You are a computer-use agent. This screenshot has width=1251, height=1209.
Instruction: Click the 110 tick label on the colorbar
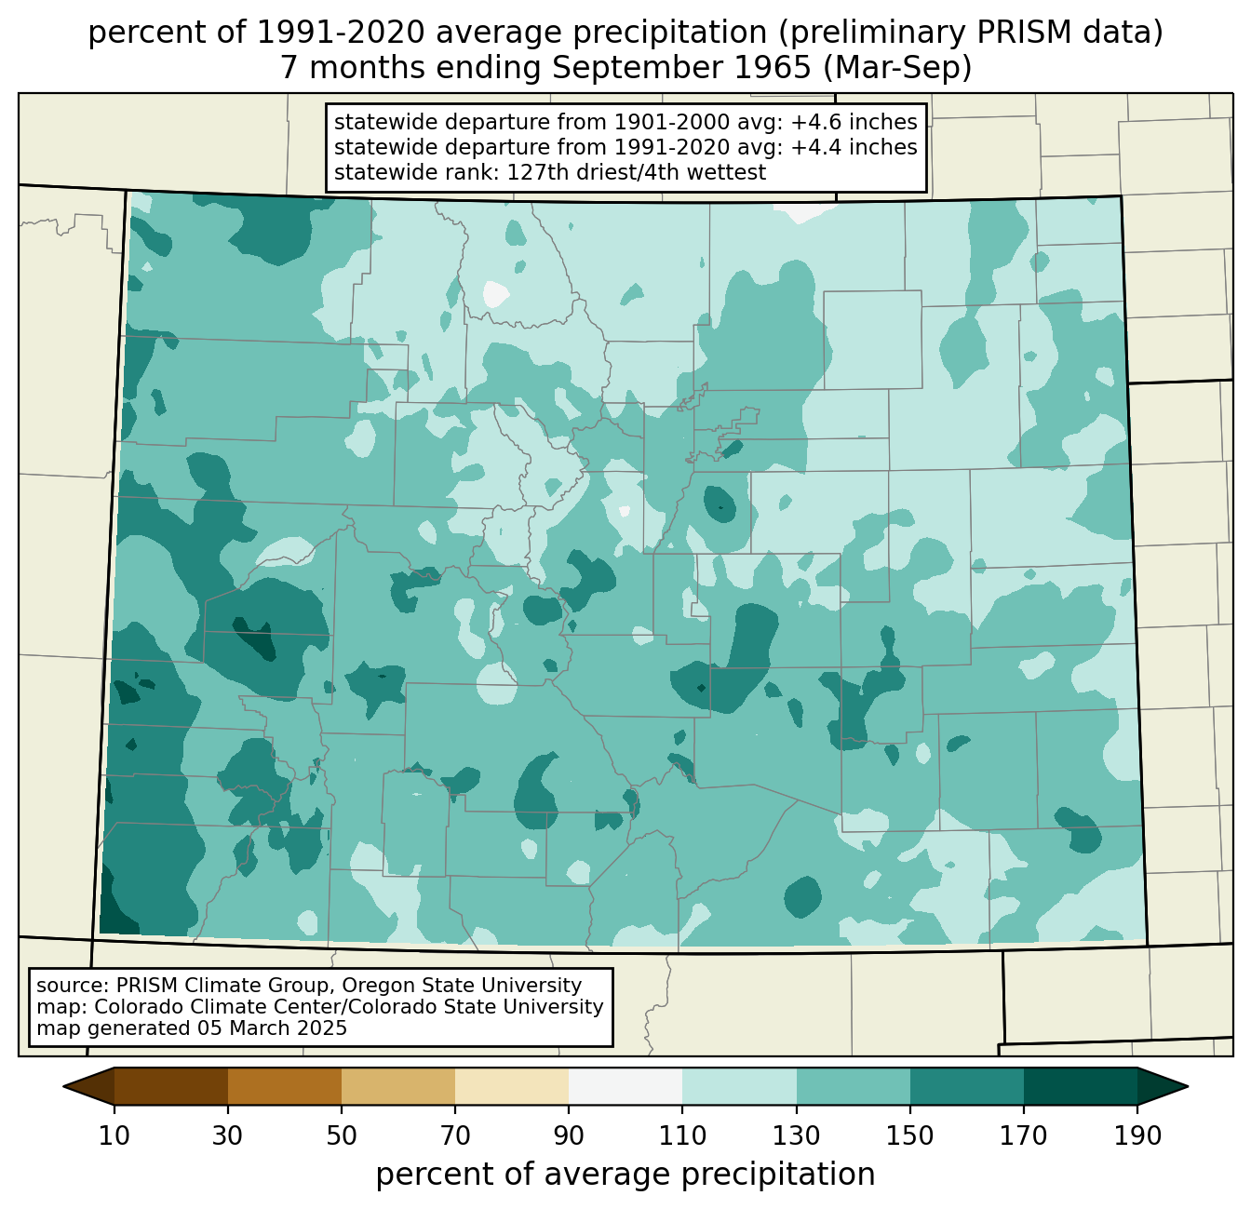pos(682,1135)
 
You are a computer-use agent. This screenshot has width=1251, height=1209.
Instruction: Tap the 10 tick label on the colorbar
pos(114,1135)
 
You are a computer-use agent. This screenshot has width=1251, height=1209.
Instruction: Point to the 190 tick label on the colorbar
pos(1137,1135)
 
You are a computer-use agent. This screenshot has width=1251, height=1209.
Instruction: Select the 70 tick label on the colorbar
pos(455,1135)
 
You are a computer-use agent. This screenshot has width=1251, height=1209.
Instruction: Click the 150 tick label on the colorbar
pos(909,1135)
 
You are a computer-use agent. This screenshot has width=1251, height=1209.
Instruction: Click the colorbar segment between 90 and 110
pos(625,1086)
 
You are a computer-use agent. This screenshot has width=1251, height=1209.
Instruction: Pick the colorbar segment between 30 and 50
pos(285,1086)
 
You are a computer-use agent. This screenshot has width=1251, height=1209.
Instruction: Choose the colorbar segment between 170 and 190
pos(1080,1086)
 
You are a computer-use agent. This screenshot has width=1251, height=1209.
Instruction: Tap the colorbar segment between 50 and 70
pos(398,1086)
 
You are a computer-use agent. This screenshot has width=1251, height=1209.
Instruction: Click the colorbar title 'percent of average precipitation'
pos(625,1175)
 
